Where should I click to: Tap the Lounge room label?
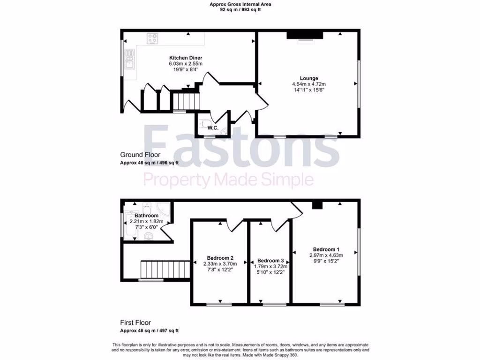point(309,78)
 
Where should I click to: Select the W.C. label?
point(213,127)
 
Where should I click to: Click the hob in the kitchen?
point(153,39)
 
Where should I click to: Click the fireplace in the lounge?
point(305,35)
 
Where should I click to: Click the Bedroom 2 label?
point(220,257)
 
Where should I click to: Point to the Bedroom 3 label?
point(270,261)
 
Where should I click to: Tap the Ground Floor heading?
point(140,155)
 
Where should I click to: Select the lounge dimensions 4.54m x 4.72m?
point(309,84)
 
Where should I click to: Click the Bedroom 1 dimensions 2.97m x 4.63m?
point(326,255)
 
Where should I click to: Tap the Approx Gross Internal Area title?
point(240,4)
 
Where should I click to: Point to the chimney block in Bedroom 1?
point(317,204)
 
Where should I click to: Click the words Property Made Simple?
point(228,179)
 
